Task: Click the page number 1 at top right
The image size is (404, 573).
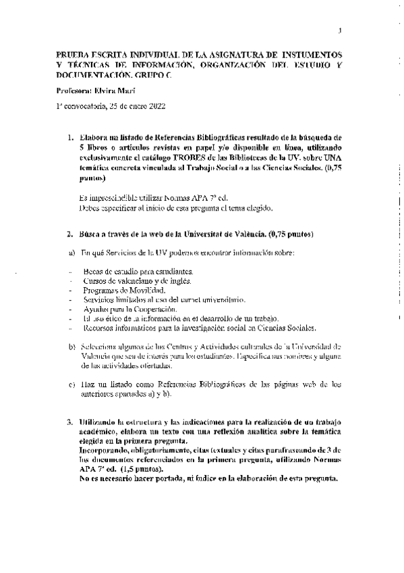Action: tap(341, 30)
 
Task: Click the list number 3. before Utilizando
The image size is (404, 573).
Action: tap(70, 421)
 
